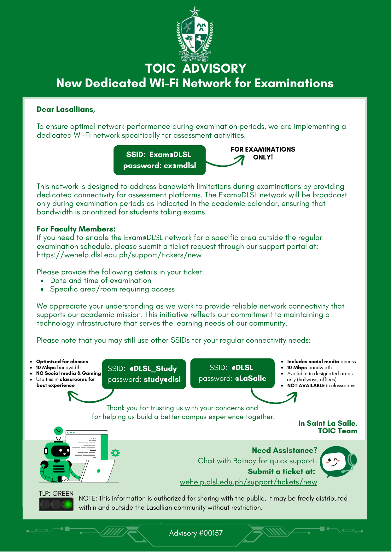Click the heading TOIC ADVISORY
[x=195, y=69]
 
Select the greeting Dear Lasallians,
[x=66, y=109]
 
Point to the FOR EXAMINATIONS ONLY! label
[x=263, y=153]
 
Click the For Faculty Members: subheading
[x=76, y=229]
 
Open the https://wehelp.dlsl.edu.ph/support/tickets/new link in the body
[x=119, y=255]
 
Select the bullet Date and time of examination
[x=101, y=280]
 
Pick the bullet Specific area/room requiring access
[x=112, y=289]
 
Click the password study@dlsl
[x=162, y=379]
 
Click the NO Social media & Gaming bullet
[x=68, y=373]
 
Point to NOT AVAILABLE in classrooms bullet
[x=321, y=386]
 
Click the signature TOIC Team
[x=337, y=431]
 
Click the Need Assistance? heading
[x=284, y=450]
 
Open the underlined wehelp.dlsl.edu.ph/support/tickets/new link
[x=248, y=482]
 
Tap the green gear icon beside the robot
[x=115, y=453]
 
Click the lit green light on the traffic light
[x=68, y=504]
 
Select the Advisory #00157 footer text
[x=196, y=533]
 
